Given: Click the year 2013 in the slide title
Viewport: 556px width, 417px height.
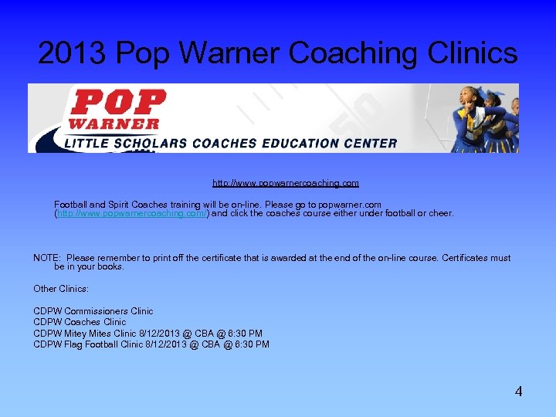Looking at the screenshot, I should [x=73, y=53].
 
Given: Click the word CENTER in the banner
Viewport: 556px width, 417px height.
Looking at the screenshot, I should [x=369, y=143].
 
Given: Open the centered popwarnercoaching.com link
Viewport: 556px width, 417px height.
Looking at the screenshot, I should [x=286, y=183].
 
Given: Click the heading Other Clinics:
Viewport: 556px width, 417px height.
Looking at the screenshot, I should [x=61, y=288].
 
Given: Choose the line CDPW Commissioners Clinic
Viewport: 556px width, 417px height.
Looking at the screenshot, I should [x=93, y=311].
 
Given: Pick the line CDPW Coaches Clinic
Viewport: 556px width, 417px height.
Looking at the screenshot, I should [x=80, y=322].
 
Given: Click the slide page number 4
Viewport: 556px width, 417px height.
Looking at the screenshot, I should [x=519, y=392].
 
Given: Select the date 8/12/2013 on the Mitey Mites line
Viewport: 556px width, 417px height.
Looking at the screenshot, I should [x=165, y=334].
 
